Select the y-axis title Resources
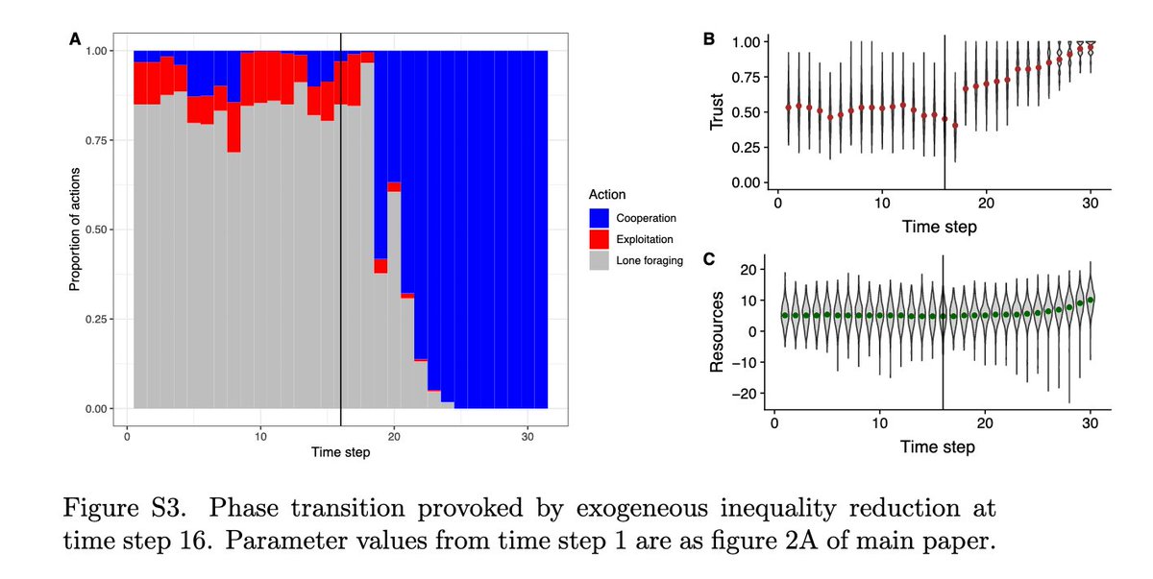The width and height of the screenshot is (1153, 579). [x=717, y=332]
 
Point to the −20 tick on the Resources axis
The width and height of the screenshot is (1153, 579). [x=748, y=394]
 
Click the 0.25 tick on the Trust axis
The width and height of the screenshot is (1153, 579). [x=748, y=147]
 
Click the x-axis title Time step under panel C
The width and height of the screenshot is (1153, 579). [x=938, y=447]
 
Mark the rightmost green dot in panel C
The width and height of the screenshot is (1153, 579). [x=1091, y=300]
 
